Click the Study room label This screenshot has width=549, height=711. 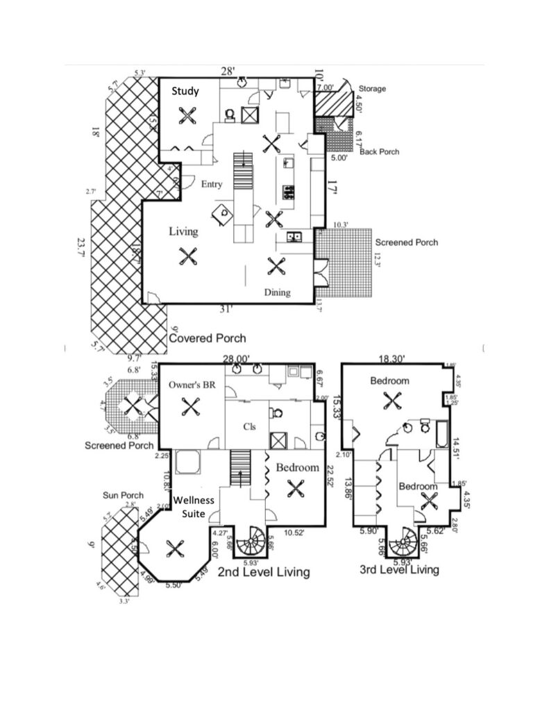185,91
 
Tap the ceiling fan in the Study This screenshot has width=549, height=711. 186,115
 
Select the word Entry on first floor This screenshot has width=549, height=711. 212,185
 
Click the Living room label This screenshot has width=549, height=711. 183,231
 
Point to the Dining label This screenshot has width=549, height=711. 277,292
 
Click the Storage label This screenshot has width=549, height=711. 372,89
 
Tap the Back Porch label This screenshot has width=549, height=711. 379,151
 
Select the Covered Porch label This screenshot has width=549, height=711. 208,338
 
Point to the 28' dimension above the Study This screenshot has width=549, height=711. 228,71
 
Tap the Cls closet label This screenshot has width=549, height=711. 249,426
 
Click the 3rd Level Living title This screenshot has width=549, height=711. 399,570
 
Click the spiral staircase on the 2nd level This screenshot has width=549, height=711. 249,542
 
